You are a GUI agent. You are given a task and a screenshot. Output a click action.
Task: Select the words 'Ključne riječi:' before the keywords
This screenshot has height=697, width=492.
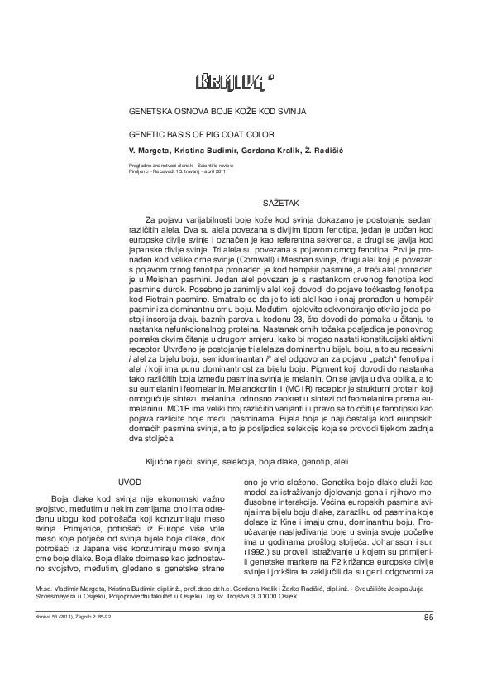click(165, 459)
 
